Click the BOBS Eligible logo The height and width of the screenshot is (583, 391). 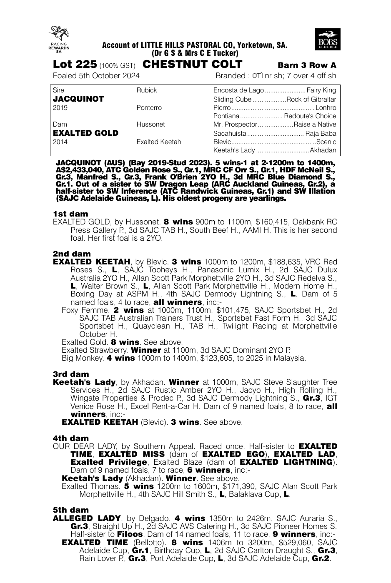tap(328, 40)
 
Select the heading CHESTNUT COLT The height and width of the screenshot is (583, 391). tap(192, 65)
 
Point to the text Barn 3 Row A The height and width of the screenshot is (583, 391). tap(307, 65)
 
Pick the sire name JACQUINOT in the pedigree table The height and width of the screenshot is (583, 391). tap(78, 99)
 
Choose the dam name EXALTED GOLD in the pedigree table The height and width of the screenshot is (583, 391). tap(85, 133)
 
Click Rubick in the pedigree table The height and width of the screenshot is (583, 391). tap(147, 90)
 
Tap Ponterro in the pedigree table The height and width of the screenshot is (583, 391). tap(149, 108)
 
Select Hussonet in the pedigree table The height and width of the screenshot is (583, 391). tap(150, 125)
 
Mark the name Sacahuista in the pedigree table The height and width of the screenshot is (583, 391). tap(230, 134)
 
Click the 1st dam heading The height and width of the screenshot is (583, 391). tap(70, 214)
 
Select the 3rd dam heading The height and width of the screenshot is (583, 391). tap(71, 374)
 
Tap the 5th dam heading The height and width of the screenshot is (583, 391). tap(71, 510)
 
